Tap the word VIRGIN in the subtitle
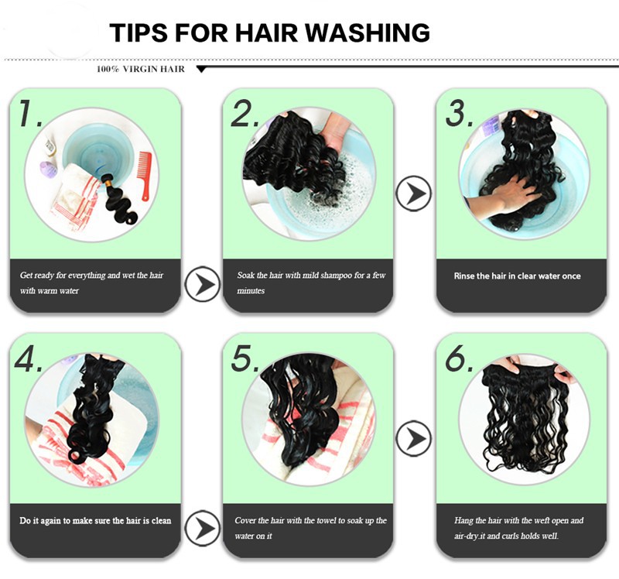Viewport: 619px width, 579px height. pyautogui.click(x=139, y=69)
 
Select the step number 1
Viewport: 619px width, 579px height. pyautogui.click(x=29, y=114)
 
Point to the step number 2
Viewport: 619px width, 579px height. pyautogui.click(x=245, y=114)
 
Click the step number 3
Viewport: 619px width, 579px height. pyautogui.click(x=459, y=114)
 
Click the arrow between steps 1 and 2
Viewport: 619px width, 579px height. pyautogui.click(x=203, y=284)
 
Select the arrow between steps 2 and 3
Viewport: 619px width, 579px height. pyautogui.click(x=414, y=194)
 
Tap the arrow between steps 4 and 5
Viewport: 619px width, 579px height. pyautogui.click(x=203, y=529)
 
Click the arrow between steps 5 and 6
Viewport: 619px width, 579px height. pyautogui.click(x=414, y=438)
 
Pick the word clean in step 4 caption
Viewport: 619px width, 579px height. pyautogui.click(x=161, y=520)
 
